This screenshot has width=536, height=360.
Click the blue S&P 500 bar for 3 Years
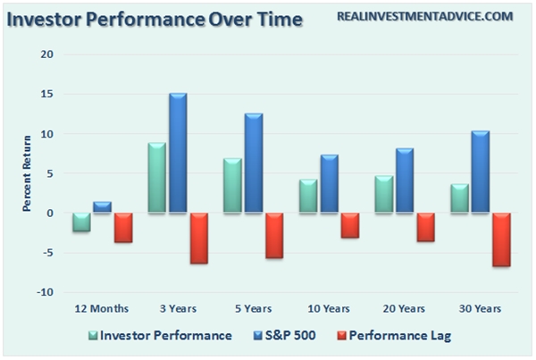pyautogui.click(x=178, y=153)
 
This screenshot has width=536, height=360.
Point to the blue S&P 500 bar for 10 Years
pyautogui.click(x=330, y=184)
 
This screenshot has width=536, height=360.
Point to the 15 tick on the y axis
pyautogui.click(x=47, y=94)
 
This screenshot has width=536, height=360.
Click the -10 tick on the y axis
pyautogui.click(x=46, y=292)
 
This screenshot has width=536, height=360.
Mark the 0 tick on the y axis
pyautogui.click(x=50, y=213)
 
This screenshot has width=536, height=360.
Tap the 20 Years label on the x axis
pyautogui.click(x=405, y=308)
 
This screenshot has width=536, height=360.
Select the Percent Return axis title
pyautogui.click(x=28, y=173)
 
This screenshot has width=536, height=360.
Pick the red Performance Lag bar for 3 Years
pyautogui.click(x=198, y=238)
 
